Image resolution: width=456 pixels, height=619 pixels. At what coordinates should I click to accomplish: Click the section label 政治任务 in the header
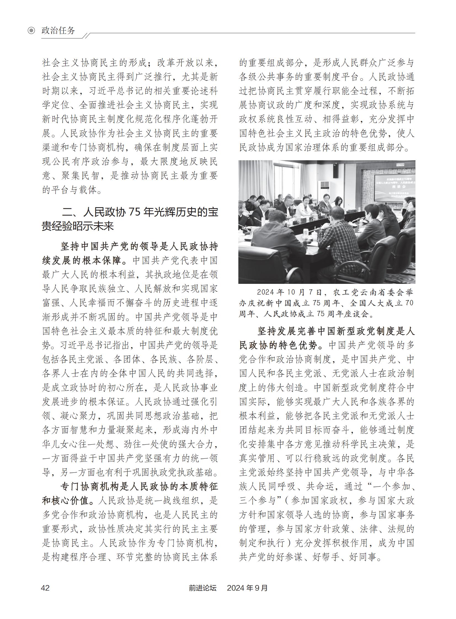tap(58, 30)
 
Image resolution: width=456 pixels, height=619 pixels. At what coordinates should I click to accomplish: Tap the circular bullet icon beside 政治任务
tap(31, 30)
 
